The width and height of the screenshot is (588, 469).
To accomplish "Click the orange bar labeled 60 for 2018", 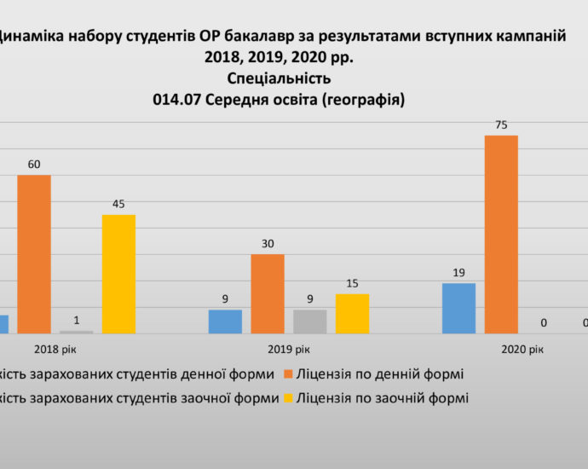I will click(x=34, y=253).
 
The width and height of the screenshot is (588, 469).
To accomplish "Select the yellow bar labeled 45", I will click(x=118, y=273).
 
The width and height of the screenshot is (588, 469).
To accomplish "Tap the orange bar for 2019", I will click(x=268, y=293).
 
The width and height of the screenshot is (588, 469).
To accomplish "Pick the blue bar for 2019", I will click(x=225, y=321).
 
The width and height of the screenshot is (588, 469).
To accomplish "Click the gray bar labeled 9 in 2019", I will click(x=309, y=321).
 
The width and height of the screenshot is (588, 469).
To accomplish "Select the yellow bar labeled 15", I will click(x=352, y=313).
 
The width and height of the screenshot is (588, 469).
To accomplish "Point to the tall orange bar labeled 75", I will click(x=501, y=234).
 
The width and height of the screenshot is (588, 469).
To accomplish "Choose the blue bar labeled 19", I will click(x=458, y=307).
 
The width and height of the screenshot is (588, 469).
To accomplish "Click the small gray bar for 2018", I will click(x=77, y=331).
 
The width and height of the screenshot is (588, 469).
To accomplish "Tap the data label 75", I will click(x=501, y=125).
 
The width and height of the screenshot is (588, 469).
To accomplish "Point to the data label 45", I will click(x=118, y=204).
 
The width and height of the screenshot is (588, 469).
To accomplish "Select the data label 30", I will click(x=268, y=244).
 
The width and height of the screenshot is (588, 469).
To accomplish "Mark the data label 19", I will click(x=458, y=273).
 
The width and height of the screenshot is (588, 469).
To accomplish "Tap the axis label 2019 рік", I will click(x=289, y=349).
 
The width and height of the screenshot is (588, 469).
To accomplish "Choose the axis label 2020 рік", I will click(x=522, y=349).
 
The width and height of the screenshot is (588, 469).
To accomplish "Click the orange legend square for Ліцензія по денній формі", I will click(x=287, y=373).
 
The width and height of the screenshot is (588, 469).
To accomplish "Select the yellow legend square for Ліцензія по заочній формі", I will click(x=289, y=397).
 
